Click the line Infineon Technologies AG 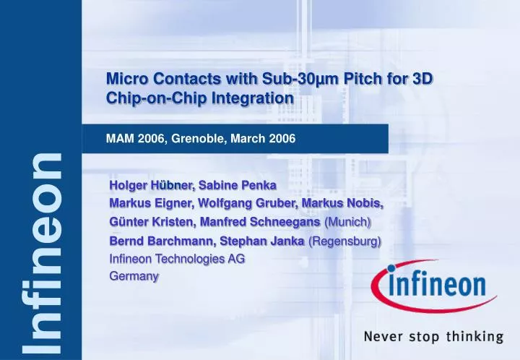(x=176, y=258)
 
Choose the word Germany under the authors (x=134, y=275)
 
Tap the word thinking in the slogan (x=473, y=336)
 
